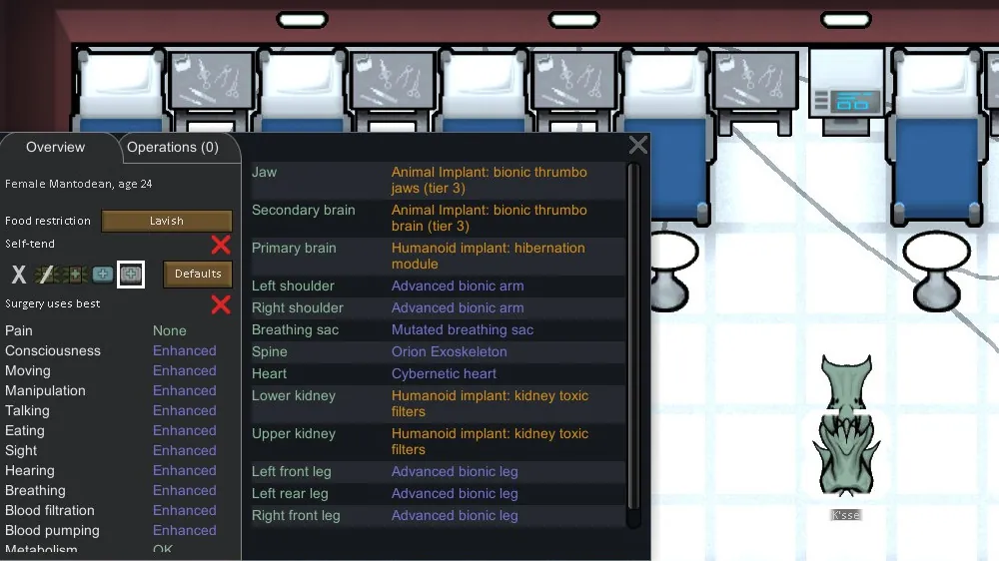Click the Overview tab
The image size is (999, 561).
point(55,147)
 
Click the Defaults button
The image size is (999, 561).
point(198,274)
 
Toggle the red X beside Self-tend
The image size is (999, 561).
point(221,245)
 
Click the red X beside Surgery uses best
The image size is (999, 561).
point(221,304)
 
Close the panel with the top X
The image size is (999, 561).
point(638,146)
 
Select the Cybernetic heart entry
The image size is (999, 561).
point(445,373)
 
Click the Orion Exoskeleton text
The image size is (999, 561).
point(449,351)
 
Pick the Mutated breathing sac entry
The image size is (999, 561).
point(462,329)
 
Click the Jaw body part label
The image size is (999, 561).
point(264,172)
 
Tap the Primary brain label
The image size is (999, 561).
point(294,248)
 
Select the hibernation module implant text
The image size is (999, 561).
point(488,256)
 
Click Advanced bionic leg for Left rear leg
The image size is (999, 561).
point(454,493)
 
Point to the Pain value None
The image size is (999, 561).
point(169,330)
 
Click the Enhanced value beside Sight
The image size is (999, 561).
point(184,450)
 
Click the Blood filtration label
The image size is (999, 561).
point(50,510)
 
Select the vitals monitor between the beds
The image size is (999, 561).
point(845,95)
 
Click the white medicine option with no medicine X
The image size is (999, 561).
point(18,274)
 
